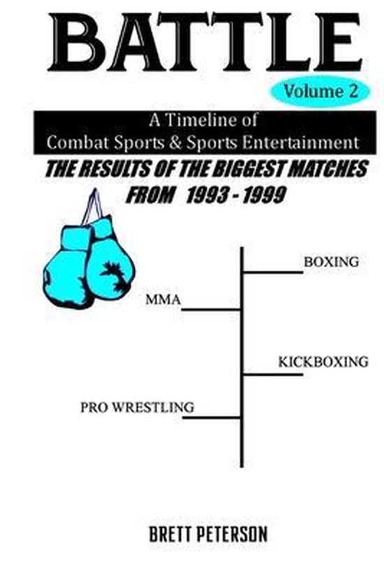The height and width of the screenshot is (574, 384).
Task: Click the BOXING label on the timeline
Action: [x=330, y=262]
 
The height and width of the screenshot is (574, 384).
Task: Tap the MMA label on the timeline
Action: [x=163, y=301]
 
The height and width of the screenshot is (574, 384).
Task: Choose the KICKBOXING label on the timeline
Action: [x=323, y=362]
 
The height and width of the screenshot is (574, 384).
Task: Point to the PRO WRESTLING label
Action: [x=137, y=406]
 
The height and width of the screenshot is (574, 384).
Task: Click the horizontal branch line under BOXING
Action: [x=272, y=272]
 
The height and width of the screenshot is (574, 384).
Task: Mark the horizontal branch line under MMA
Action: [x=211, y=308]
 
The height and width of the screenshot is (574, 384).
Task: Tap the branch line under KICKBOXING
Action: [x=272, y=375]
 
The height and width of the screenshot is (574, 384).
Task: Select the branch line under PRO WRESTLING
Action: [x=211, y=418]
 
